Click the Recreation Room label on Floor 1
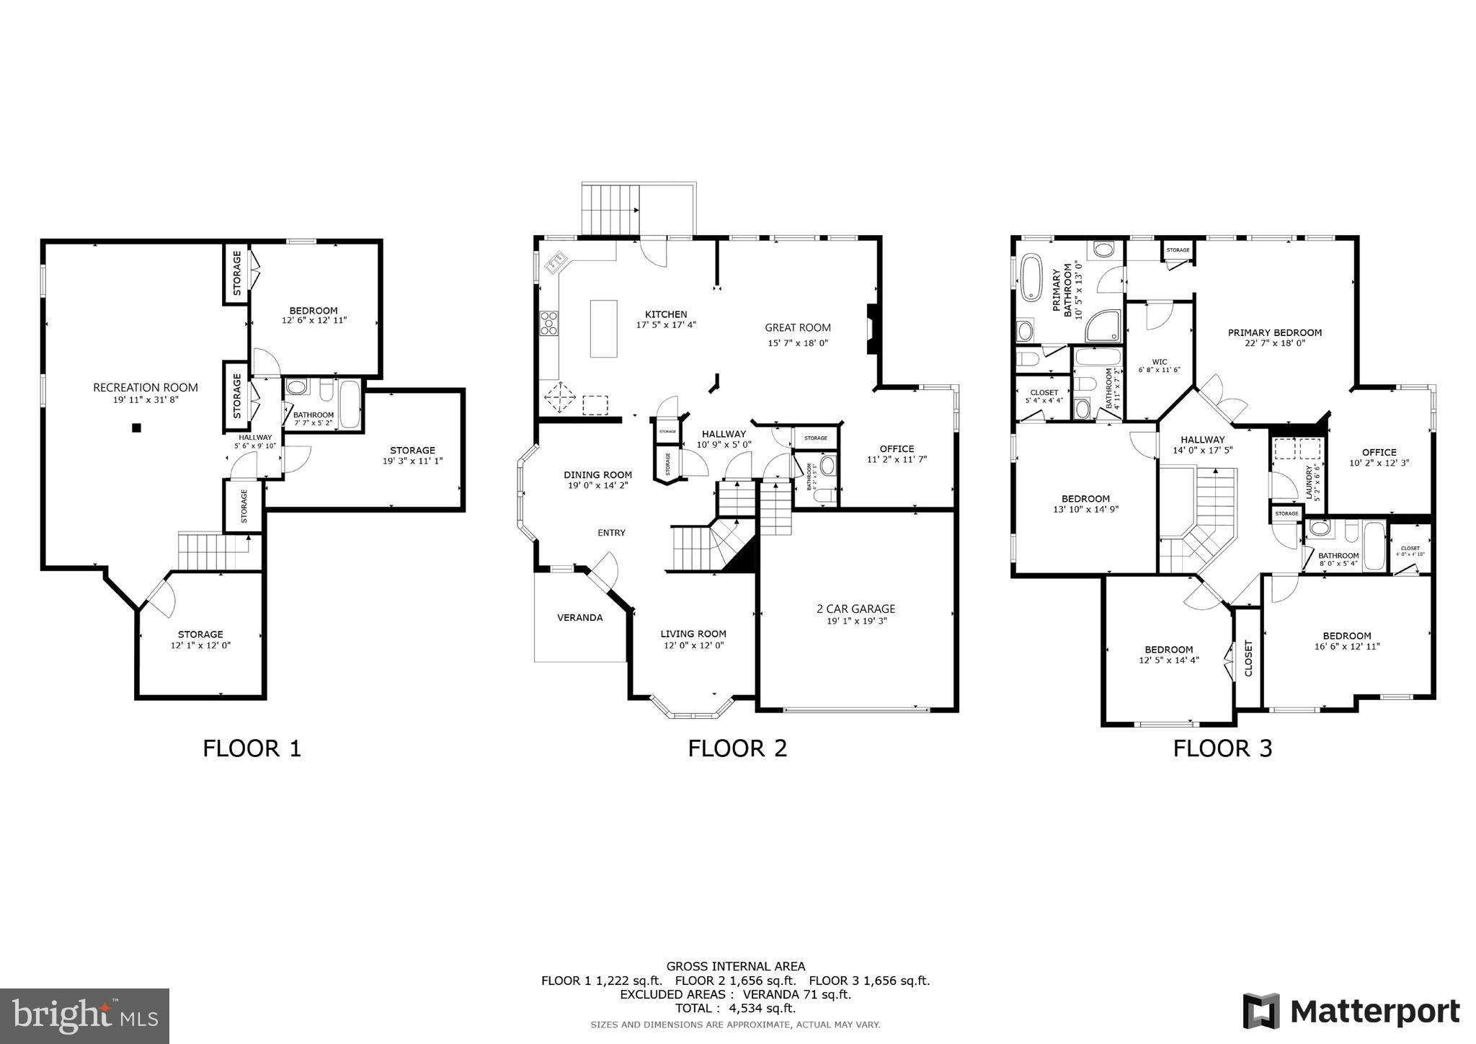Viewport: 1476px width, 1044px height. tap(145, 387)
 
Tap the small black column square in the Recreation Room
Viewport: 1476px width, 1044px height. tap(136, 428)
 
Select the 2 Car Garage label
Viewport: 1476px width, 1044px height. tap(856, 609)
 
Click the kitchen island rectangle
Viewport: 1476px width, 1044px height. tap(603, 329)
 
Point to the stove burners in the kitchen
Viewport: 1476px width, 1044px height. tap(549, 323)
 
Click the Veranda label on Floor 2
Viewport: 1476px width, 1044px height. tap(579, 617)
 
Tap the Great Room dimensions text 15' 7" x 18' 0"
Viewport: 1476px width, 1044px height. tap(798, 343)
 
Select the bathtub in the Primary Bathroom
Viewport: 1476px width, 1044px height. tap(1031, 277)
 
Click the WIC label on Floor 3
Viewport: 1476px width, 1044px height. tap(1160, 362)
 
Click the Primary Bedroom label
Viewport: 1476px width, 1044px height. tap(1274, 332)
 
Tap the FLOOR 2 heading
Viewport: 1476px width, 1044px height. tap(737, 748)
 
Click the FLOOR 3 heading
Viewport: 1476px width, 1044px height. tap(1222, 748)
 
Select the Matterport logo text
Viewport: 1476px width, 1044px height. tap(1374, 1011)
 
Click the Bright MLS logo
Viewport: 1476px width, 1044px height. tap(84, 1016)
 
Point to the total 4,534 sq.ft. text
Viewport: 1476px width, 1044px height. tap(735, 1008)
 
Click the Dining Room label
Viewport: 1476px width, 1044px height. tap(597, 474)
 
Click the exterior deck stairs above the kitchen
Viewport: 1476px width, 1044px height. tap(610, 209)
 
